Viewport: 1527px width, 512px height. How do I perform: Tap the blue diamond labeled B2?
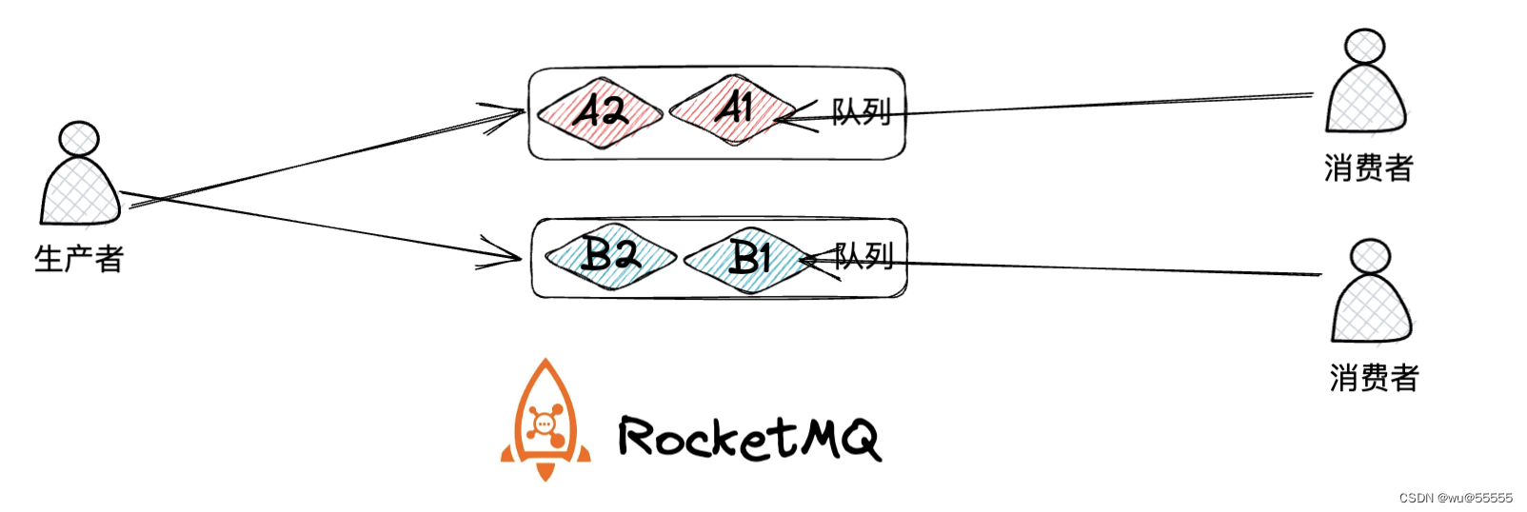610,256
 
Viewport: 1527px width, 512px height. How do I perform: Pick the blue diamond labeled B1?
749,258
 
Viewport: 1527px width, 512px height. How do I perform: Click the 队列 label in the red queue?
862,112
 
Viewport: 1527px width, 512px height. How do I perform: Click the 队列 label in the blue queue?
864,255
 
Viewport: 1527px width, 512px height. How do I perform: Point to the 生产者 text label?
79,259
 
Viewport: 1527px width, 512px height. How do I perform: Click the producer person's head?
79,139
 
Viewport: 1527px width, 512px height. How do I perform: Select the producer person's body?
79,192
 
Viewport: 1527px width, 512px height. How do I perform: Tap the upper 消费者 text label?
1368,168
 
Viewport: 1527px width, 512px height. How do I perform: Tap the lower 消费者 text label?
1374,378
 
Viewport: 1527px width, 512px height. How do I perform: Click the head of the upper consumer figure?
1364,47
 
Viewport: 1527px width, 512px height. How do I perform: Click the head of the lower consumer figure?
1371,256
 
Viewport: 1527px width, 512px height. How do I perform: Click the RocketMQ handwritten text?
749,439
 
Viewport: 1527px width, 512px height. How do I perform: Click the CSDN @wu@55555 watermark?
1456,498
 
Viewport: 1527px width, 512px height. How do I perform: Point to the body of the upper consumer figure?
1366,100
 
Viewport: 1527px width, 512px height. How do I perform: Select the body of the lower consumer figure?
1372,309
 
